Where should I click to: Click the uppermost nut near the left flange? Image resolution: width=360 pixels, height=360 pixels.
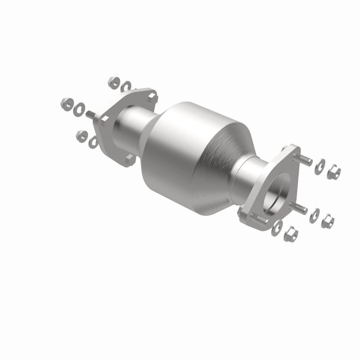[x=113, y=82]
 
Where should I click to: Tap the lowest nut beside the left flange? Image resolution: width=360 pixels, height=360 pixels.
[x=81, y=134]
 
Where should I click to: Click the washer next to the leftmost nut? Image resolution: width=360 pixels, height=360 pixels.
[x=80, y=108]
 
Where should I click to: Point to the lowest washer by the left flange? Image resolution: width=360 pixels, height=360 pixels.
[x=94, y=142]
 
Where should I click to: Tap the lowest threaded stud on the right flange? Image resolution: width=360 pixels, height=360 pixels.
[x=260, y=217]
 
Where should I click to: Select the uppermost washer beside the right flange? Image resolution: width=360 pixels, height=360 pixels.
[x=320, y=165]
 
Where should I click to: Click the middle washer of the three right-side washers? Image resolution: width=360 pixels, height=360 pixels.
[x=314, y=216]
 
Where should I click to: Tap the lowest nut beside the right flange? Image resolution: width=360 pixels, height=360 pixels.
[x=291, y=233]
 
